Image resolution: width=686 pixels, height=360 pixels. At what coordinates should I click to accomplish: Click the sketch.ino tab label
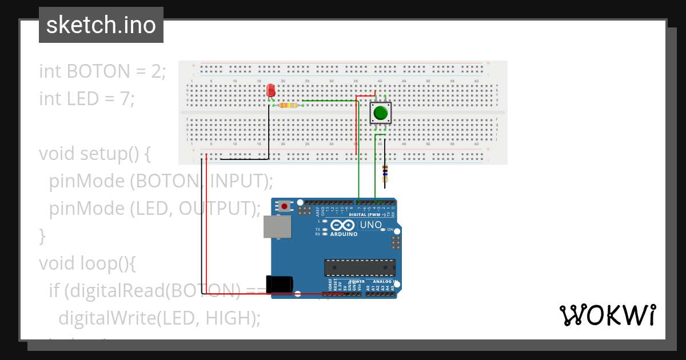coord(101,25)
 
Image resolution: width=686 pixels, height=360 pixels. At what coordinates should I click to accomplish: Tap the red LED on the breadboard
coord(271,91)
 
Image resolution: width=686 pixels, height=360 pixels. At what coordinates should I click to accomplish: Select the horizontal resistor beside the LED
coord(288,105)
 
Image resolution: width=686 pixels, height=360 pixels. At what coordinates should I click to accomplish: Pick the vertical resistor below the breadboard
coord(385,172)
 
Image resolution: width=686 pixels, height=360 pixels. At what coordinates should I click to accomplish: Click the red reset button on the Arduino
coord(284,206)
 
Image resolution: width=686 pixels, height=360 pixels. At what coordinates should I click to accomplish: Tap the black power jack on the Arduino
coord(280,284)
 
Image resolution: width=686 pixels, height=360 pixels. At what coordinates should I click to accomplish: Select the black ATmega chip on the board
coord(360,267)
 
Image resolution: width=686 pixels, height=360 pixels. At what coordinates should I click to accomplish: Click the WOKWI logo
coord(607,315)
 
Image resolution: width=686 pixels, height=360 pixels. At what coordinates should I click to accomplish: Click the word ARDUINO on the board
coord(343,234)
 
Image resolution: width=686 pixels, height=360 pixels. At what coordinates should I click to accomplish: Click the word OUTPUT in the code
coord(216,209)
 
